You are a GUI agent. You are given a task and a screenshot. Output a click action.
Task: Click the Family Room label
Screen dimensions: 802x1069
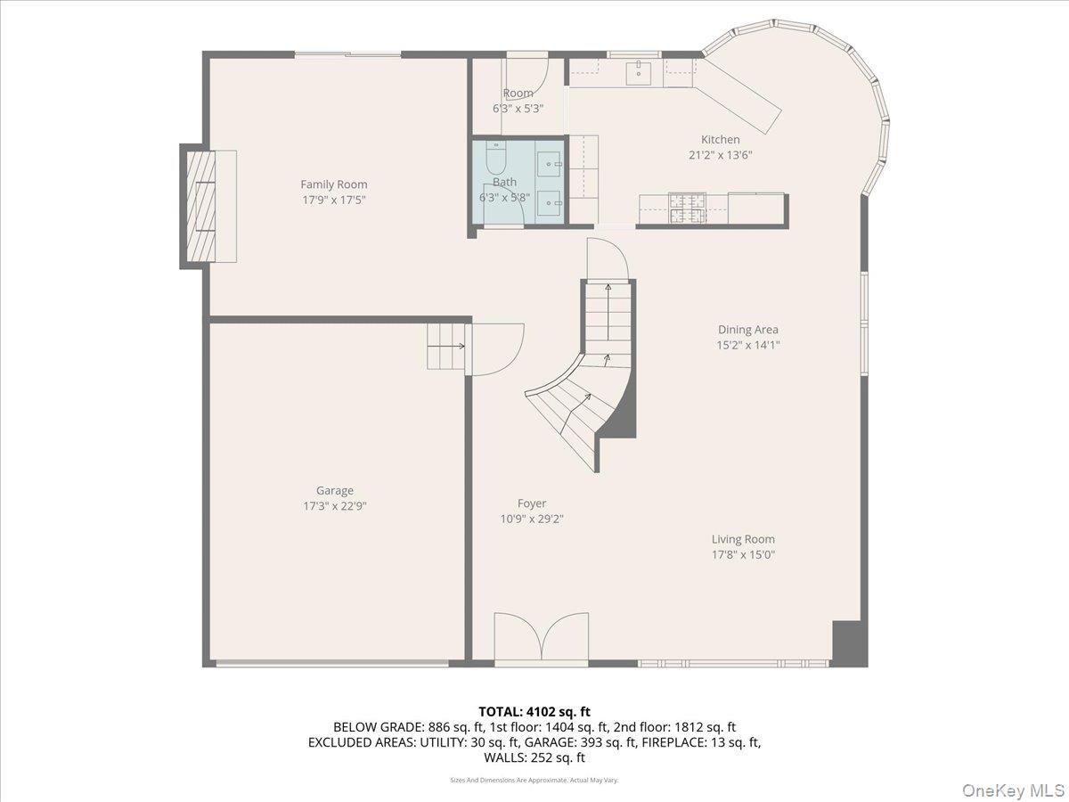(333, 184)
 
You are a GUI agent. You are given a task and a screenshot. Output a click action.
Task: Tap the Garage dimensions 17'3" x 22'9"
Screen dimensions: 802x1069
(334, 506)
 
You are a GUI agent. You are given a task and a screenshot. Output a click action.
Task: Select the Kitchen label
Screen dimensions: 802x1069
(720, 139)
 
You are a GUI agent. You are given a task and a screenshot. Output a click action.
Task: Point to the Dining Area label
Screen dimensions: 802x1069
(747, 330)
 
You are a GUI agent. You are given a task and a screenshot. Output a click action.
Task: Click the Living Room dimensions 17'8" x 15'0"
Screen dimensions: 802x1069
(742, 555)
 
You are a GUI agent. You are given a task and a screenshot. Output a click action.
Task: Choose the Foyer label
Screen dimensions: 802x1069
(532, 503)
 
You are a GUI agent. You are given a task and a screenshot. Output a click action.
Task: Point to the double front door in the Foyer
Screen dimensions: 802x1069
(541, 638)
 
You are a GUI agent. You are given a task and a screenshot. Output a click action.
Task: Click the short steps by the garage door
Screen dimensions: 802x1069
(445, 346)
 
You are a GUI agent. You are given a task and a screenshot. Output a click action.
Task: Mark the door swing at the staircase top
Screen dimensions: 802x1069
(608, 259)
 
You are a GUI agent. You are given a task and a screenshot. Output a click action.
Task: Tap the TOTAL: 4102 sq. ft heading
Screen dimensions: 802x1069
(534, 711)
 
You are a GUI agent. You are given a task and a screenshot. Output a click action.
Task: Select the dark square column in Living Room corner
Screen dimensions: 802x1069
(849, 642)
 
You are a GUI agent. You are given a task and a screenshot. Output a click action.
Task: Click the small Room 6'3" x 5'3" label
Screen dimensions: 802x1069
(518, 100)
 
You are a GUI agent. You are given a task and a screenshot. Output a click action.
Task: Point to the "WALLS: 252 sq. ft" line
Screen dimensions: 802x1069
(534, 757)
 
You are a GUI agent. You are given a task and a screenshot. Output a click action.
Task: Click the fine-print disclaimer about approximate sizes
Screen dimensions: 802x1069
(534, 780)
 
